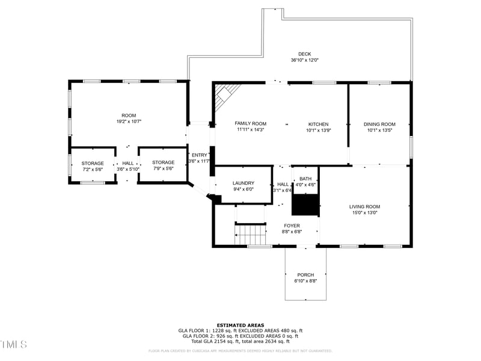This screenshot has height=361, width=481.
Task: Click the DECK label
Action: [304, 54]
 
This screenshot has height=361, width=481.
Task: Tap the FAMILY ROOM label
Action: [250, 123]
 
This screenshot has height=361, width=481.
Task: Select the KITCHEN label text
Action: [319, 124]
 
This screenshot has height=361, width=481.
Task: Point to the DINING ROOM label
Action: [379, 124]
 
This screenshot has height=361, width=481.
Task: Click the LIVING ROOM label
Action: [364, 206]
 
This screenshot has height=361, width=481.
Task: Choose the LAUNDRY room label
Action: [243, 183]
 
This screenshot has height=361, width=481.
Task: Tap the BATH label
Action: [305, 179]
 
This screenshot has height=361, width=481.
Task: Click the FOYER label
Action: [292, 226]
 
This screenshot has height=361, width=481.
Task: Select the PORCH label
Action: [305, 275]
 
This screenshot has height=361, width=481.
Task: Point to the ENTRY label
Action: [199, 155]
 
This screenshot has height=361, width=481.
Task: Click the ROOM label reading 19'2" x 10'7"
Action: [129, 116]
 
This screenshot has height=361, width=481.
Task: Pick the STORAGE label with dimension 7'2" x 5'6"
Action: [93, 163]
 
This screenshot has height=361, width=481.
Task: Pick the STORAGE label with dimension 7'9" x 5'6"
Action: [163, 162]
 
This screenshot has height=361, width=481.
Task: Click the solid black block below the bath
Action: [305, 205]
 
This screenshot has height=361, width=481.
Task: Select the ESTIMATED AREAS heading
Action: [240, 325]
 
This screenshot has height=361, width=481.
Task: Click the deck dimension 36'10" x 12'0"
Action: [304, 60]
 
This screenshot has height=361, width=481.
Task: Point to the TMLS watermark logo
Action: [14, 344]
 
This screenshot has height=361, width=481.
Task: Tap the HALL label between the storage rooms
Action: [128, 163]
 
